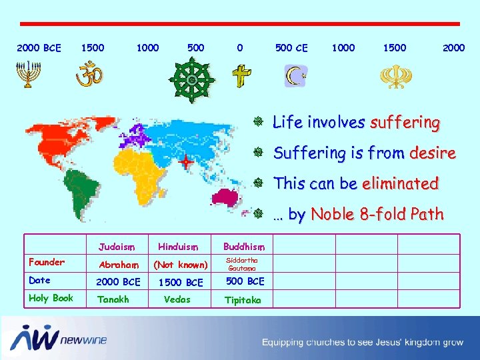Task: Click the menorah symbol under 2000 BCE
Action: pos(27,75)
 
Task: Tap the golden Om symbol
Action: pos(88,75)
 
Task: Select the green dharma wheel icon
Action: pos(192,79)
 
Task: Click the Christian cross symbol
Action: pos(241,77)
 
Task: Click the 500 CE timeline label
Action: pos(291,48)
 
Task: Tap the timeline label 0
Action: pos(240,48)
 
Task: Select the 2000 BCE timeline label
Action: pos(39,48)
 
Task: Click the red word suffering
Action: pos(405,123)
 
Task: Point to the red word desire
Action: pos(433,153)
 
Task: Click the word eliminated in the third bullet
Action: pos(400,183)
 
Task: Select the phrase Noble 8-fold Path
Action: pos(377,215)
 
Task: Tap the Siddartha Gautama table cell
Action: pos(242,263)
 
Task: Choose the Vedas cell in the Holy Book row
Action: pos(177,299)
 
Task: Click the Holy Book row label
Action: pos(51,298)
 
